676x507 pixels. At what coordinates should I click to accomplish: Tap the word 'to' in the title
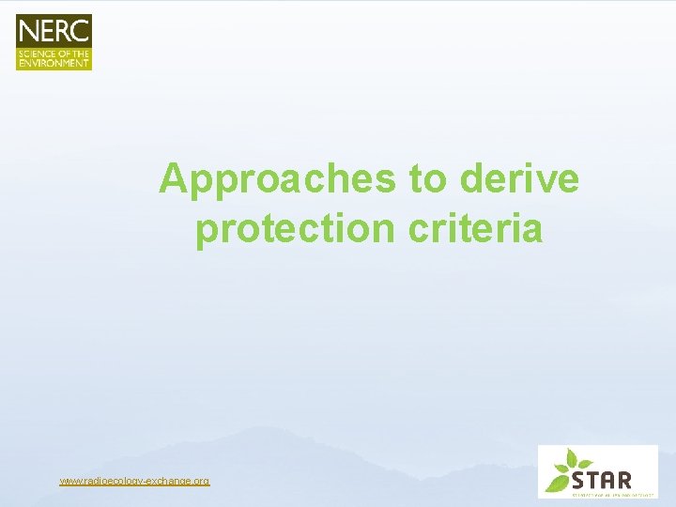[x=427, y=179]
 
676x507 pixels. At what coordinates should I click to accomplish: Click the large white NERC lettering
[x=54, y=31]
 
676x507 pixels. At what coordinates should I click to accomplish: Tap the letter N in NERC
[x=28, y=31]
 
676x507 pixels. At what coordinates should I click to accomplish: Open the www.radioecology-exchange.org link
[x=134, y=481]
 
